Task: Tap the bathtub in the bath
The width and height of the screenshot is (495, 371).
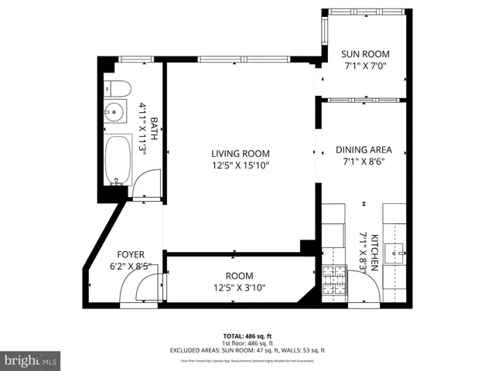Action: pos(117,160)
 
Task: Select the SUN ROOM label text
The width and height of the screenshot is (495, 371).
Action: pos(365,54)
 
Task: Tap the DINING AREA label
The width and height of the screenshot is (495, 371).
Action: pos(364,150)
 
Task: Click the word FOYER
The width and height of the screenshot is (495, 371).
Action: pos(131,254)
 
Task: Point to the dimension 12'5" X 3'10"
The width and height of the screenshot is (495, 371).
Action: pos(239,288)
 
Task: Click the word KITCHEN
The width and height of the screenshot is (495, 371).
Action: pos(374,251)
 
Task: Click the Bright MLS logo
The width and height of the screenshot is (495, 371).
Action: pos(30,360)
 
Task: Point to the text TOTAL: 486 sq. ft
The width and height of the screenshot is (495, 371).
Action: pos(247,335)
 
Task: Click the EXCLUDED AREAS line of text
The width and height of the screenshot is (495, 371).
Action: pos(247,350)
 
